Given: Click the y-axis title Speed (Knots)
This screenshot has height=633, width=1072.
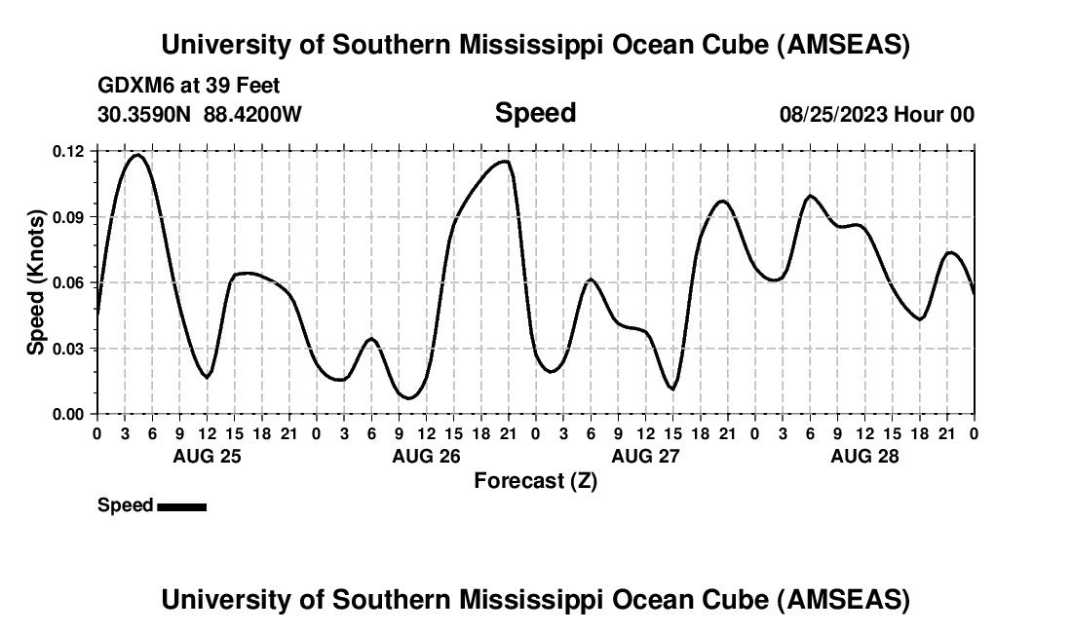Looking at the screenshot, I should tap(36, 282).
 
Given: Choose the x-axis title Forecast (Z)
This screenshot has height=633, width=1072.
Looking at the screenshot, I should tap(535, 480).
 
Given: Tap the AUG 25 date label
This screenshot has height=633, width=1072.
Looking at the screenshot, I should tap(206, 456).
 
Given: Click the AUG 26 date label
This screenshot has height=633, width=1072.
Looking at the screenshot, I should tap(425, 456).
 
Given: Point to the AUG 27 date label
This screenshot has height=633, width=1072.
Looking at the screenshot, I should tap(644, 456).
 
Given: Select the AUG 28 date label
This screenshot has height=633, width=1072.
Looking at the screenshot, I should tap(863, 456).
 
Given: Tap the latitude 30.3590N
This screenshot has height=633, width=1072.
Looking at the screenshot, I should tap(145, 114).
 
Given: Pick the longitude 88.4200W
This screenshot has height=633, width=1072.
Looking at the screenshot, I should tap(252, 114).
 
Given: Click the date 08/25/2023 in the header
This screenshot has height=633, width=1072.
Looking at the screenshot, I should tap(833, 114).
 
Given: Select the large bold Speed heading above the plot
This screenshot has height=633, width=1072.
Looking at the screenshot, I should tap(535, 113).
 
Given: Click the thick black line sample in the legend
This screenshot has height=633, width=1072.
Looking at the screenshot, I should tap(181, 506).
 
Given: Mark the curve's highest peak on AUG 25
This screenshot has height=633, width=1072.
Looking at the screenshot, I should tap(137, 155).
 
